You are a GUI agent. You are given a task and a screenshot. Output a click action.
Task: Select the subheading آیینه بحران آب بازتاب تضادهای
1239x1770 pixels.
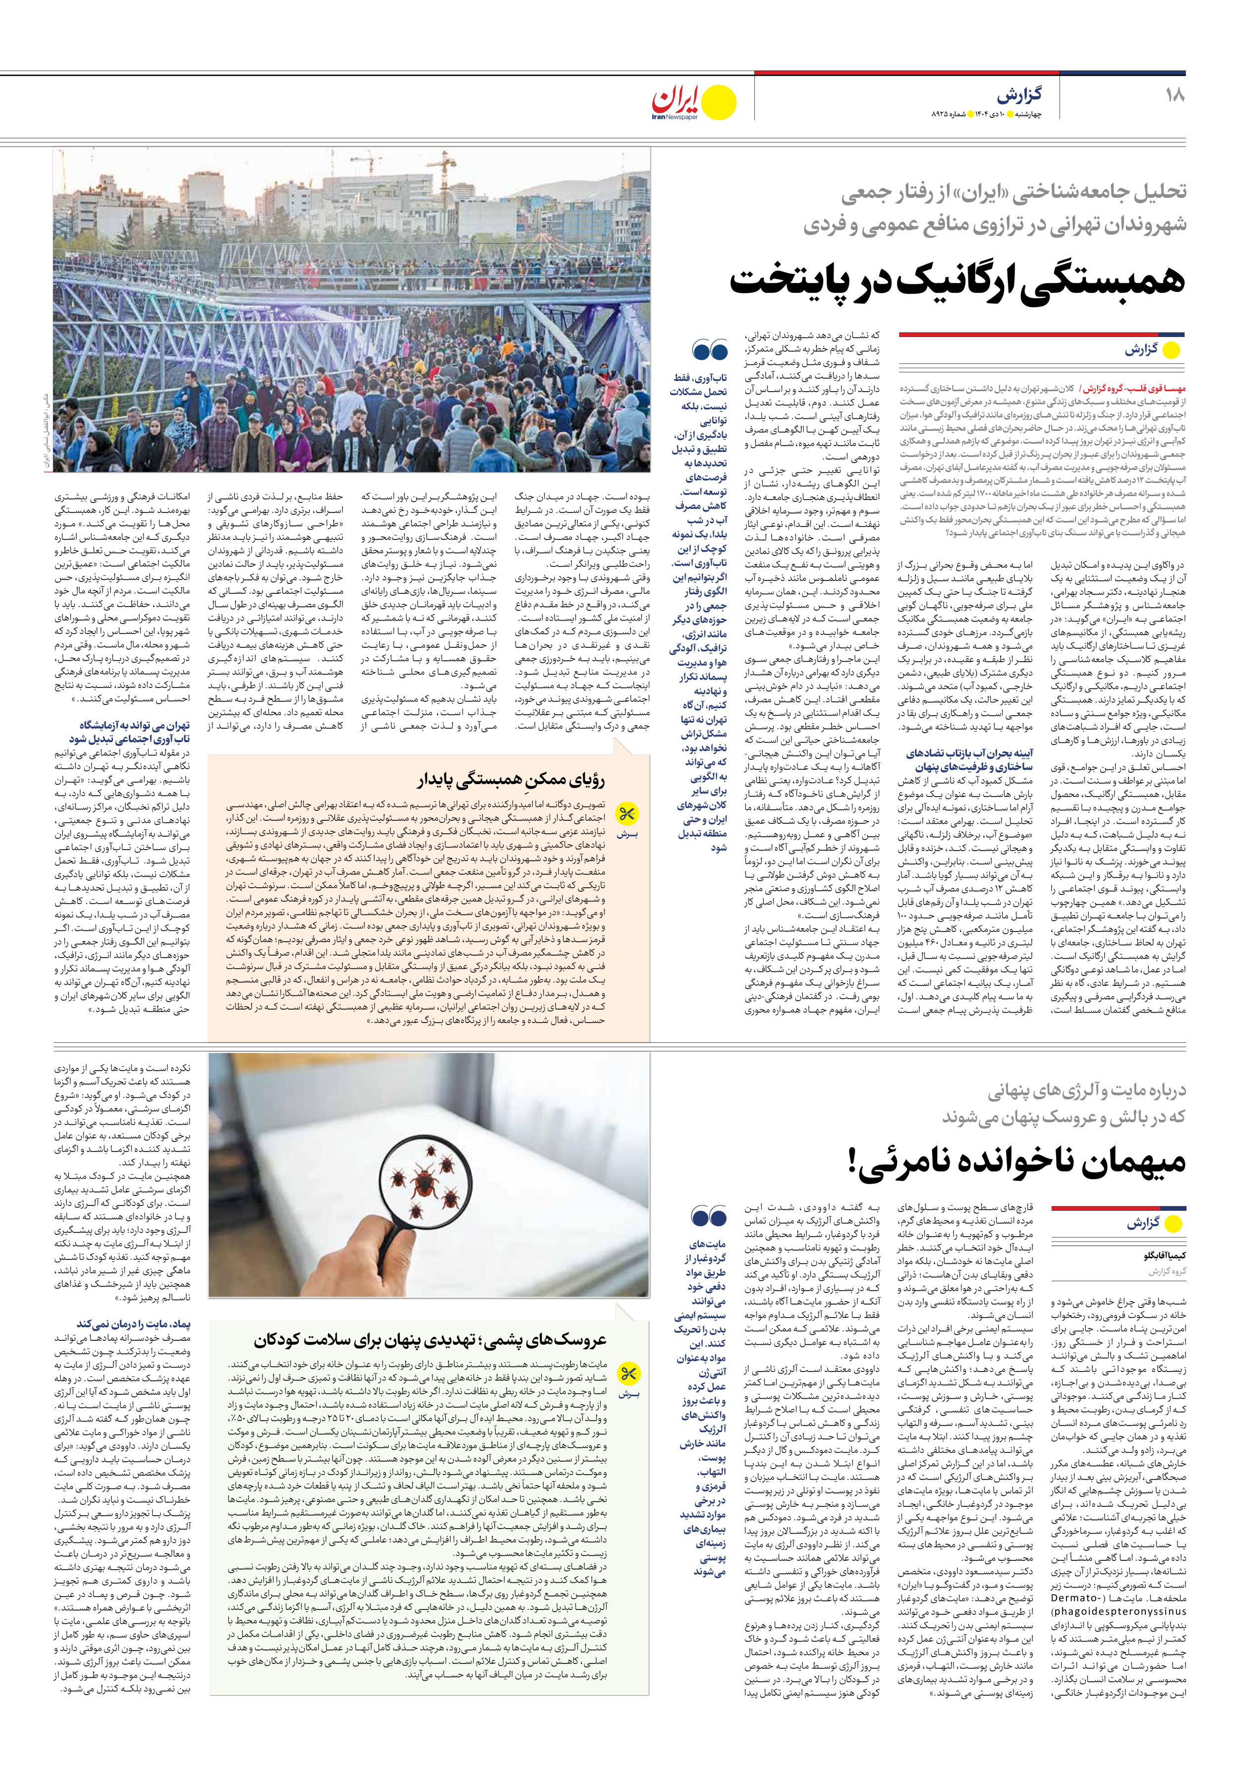[969, 753]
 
